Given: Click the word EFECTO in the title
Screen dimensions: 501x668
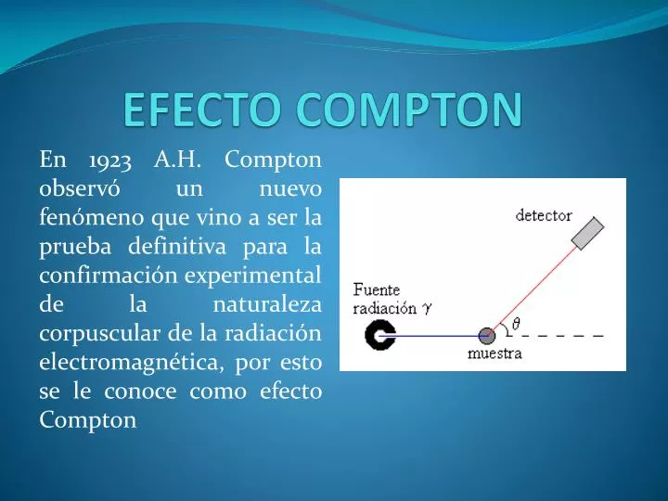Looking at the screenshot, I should click(x=199, y=110).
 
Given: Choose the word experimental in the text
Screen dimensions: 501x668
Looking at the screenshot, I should click(x=252, y=276).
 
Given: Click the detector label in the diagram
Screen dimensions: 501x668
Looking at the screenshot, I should click(x=544, y=215).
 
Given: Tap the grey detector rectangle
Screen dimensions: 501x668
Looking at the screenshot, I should click(x=587, y=234).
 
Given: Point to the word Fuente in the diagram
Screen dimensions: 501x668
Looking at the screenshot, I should click(x=376, y=289).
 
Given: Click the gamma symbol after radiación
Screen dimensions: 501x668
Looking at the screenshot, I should click(x=427, y=306).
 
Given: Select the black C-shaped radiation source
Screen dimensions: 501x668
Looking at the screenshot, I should click(x=379, y=335).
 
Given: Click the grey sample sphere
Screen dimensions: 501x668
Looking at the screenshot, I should click(x=487, y=335).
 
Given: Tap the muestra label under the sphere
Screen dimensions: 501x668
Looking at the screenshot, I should click(x=494, y=353).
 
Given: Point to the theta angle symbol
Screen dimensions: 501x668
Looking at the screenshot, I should click(x=516, y=324).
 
